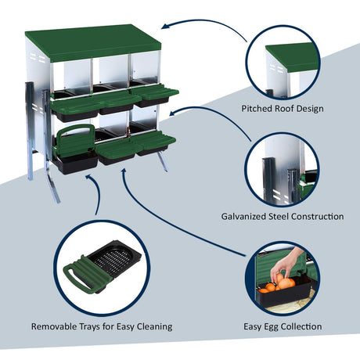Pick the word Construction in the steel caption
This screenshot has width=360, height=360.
(317, 216)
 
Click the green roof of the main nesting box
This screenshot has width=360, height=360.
(93, 42)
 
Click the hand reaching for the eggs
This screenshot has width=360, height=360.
(287, 264)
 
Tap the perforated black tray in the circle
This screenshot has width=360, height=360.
(113, 257)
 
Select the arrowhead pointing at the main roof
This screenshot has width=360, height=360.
(165, 26)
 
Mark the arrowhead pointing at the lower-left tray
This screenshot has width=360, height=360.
(89, 178)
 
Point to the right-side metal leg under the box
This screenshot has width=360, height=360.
(163, 161)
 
